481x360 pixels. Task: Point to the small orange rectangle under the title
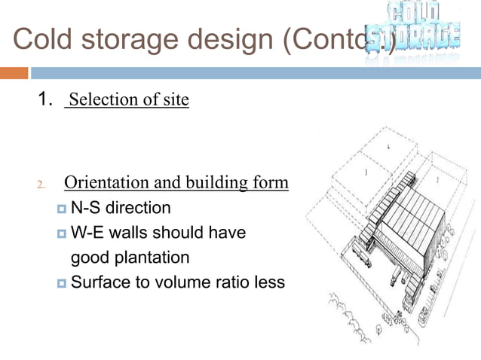pos(14,73)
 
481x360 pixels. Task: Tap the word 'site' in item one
pos(175,99)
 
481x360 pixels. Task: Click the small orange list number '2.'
pos(42,185)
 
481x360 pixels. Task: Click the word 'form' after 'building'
pos(271,183)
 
